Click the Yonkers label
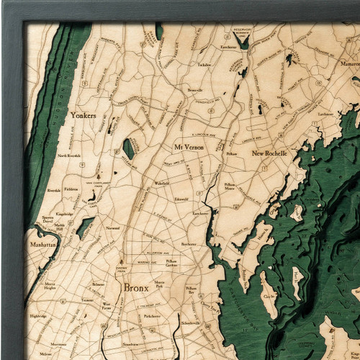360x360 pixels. [x=83, y=115]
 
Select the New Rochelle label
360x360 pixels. [x=269, y=153]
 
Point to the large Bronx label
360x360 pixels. [x=136, y=287]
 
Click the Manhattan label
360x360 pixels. [x=42, y=245]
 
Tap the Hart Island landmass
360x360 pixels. [x=298, y=282]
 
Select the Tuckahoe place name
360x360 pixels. [x=204, y=65]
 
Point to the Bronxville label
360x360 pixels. [x=194, y=90]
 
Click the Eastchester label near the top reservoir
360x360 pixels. [x=229, y=48]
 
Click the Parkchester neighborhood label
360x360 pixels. [x=152, y=315]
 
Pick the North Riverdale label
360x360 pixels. [x=70, y=156]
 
